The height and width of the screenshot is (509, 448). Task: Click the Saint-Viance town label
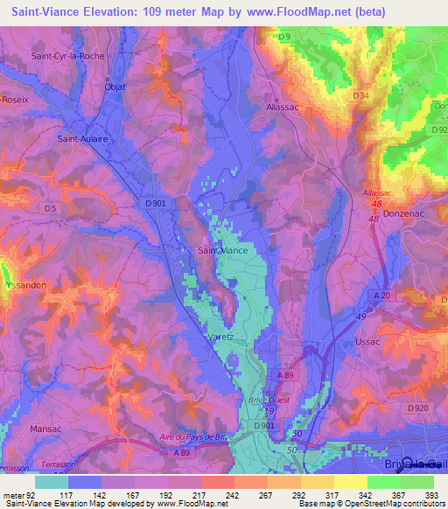coord(222,250)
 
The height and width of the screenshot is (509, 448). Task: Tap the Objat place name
coord(115,87)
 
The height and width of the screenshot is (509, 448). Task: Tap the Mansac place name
coord(46,406)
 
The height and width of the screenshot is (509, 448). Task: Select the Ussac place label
coord(368,342)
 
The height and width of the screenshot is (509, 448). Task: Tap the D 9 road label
coord(283,36)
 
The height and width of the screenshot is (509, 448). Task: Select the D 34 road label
coord(360,94)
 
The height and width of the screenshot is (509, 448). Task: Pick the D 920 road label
coord(418,408)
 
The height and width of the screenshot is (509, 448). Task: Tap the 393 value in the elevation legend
coord(432,495)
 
